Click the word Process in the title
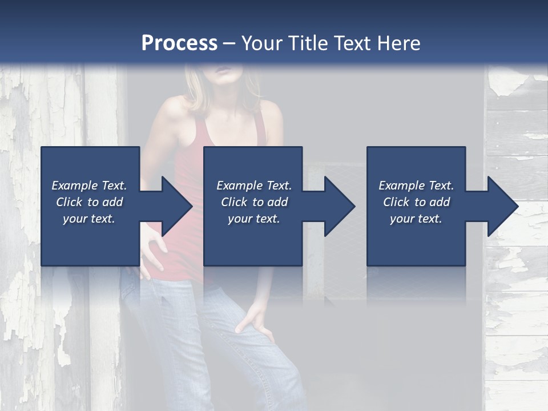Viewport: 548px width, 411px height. [x=179, y=43]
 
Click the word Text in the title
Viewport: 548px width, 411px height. [x=352, y=43]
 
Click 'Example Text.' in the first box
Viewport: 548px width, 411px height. [x=90, y=186]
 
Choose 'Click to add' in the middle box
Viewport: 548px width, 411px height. [x=254, y=202]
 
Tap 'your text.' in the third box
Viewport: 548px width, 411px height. [x=416, y=219]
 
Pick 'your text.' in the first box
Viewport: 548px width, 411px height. [x=90, y=219]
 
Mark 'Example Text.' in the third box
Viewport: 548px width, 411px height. [x=416, y=186]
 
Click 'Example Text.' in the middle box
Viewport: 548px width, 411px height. [x=254, y=186]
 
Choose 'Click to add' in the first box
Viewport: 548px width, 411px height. [x=90, y=202]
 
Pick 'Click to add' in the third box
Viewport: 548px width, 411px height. [x=416, y=202]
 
